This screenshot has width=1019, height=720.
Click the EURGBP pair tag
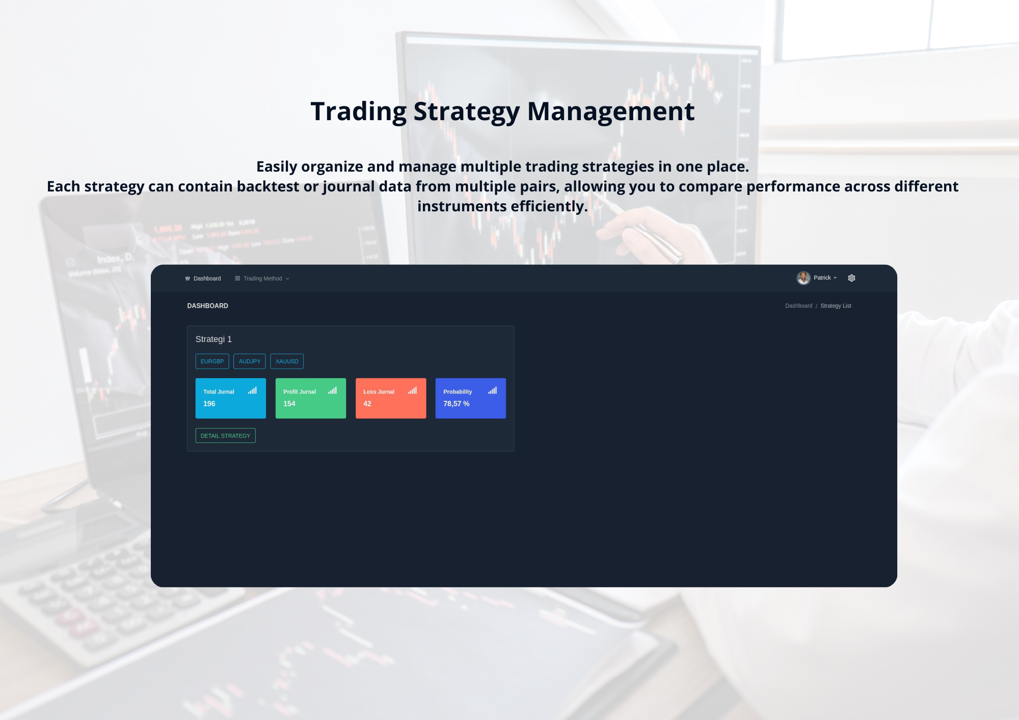coord(212,362)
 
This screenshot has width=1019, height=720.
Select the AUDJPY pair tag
coord(249,362)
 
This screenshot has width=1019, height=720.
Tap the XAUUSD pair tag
coord(287,362)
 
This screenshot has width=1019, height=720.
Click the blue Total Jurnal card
coord(230,398)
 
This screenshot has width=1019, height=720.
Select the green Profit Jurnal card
coord(310,398)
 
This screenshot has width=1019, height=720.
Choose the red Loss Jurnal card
coord(390,398)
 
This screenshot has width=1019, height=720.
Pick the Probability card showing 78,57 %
coord(470,398)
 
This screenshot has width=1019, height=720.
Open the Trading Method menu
coord(262,279)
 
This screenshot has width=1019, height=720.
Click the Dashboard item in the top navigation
coord(203,279)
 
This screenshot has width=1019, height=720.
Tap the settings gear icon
coord(851,278)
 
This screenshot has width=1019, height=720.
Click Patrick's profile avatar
coord(803,278)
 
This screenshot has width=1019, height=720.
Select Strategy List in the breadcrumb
coord(836,306)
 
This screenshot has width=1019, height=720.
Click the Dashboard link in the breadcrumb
coord(798,306)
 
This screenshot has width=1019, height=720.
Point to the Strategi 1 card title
coord(213,339)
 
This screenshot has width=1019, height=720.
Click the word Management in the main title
coord(610,112)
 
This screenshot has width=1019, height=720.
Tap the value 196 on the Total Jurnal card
coord(209,404)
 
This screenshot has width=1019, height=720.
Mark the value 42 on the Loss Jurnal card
coord(367,404)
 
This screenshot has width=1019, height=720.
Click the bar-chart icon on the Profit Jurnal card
coord(332,391)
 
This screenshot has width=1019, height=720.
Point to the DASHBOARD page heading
coord(207,306)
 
